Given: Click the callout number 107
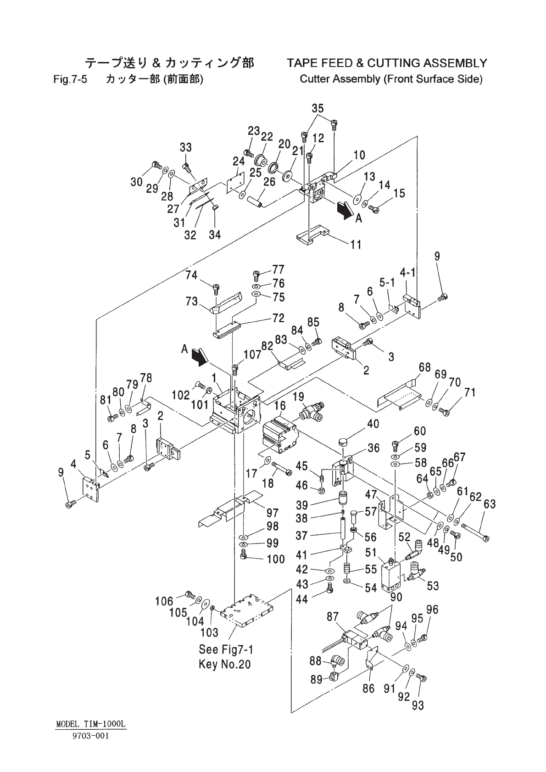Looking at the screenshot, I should point(252,354).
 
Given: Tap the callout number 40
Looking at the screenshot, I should point(373,424).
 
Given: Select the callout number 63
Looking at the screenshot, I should point(490,504).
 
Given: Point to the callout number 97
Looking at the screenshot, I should point(273,513).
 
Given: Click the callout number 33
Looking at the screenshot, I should point(185,147).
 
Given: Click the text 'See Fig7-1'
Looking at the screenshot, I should point(226,649).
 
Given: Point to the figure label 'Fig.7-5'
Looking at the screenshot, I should point(70,79).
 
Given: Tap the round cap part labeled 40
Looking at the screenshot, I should point(344,442).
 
